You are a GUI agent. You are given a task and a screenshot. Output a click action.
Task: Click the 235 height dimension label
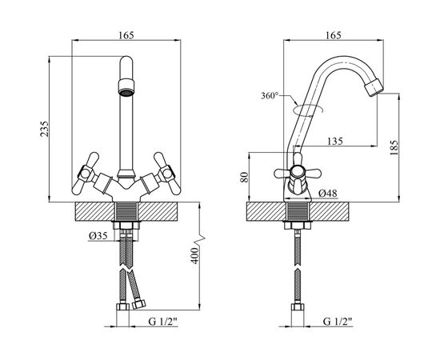[45, 129]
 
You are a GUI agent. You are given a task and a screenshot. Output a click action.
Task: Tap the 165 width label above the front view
[126, 35]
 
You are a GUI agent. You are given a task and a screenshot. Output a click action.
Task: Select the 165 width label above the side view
[334, 35]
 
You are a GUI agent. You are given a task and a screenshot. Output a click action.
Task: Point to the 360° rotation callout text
[270, 96]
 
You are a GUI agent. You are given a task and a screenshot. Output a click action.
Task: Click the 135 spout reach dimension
[334, 141]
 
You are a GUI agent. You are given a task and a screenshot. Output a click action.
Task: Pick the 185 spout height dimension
[394, 148]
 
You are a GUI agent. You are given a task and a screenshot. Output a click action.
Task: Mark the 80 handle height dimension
[245, 177]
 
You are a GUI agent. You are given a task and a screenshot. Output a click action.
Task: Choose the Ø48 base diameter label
[328, 193]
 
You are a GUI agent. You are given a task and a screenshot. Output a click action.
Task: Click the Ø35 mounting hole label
[98, 236]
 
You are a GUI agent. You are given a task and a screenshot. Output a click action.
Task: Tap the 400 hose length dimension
[195, 256]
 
